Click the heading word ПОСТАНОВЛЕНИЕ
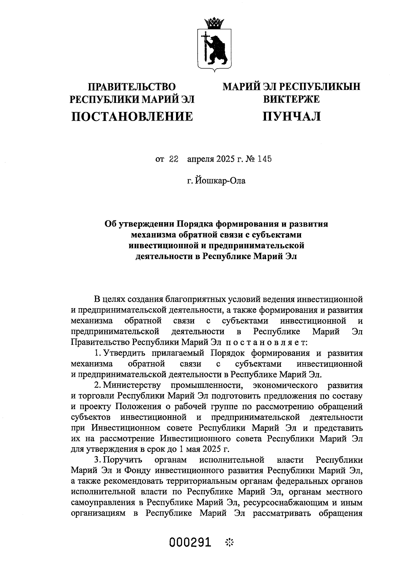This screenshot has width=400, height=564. pyautogui.click(x=132, y=116)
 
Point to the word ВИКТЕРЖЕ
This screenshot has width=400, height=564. pyautogui.click(x=291, y=99)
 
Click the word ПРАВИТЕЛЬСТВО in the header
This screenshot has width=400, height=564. pyautogui.click(x=131, y=87)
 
